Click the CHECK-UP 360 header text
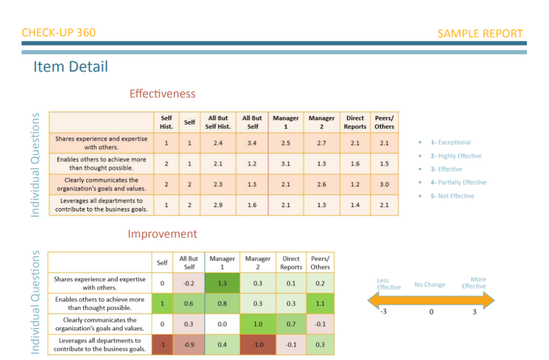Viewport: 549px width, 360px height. (58, 33)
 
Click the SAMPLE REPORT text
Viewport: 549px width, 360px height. (480, 34)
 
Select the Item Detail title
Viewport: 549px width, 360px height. (70, 67)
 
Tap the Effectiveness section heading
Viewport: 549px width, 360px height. (162, 93)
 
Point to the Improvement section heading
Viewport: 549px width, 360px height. (162, 234)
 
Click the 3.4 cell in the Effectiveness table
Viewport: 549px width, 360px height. (252, 143)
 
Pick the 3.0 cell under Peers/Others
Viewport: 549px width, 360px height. (384, 185)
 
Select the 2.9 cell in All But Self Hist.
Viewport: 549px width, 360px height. (218, 205)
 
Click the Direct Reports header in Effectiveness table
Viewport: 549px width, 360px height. (355, 122)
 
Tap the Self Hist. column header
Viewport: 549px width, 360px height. (166, 122)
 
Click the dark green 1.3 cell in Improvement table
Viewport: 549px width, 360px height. (222, 283)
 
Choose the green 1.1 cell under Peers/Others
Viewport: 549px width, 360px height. (320, 304)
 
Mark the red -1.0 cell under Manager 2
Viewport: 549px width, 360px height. (258, 344)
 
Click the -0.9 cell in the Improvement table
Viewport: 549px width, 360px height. (189, 344)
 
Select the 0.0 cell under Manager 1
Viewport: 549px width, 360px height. (222, 324)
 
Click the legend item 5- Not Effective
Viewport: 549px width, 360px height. (452, 196)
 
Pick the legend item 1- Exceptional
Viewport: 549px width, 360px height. (450, 142)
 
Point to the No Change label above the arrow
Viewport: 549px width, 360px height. (430, 285)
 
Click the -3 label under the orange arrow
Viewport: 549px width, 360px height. (383, 311)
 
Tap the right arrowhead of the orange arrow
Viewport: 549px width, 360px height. (489, 300)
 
